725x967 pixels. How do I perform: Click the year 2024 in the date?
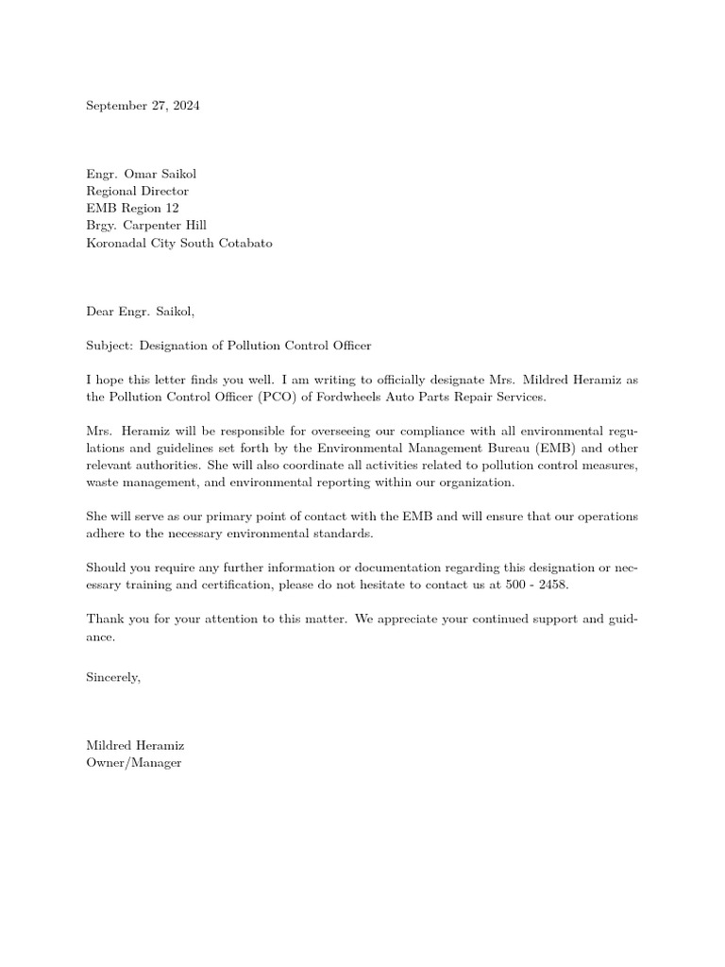(185, 106)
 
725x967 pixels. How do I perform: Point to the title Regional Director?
(137, 191)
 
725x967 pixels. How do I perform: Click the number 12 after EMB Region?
(171, 208)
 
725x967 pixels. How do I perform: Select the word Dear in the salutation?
(99, 311)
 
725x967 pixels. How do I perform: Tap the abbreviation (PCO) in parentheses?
(265, 397)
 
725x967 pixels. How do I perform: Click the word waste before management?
(103, 483)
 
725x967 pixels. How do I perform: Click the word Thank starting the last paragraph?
(104, 619)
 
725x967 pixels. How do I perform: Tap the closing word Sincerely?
(113, 676)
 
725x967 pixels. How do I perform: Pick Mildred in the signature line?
(110, 745)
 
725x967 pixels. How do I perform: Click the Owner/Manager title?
(133, 762)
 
